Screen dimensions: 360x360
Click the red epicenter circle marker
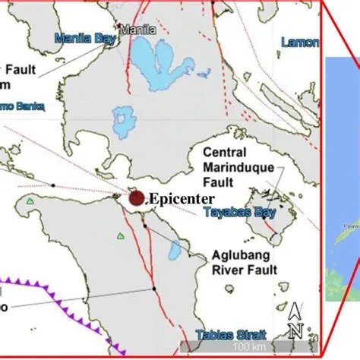[137, 198]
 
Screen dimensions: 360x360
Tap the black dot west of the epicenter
[52, 185]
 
